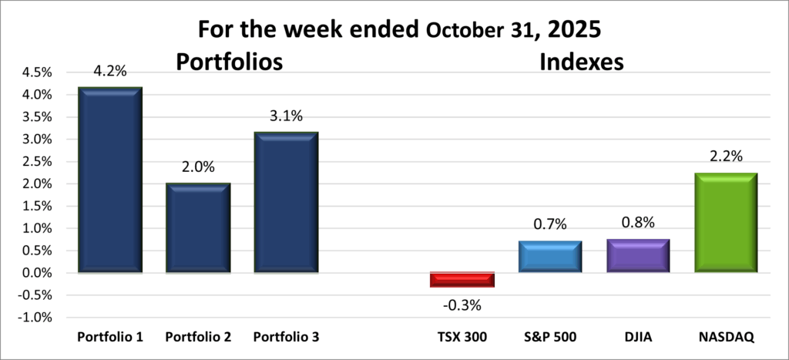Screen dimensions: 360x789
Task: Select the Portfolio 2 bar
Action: coord(198,227)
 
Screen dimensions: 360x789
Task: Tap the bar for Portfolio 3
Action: coord(286,202)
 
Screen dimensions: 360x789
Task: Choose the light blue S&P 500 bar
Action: coord(549,257)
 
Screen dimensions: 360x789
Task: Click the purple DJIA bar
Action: coord(637,255)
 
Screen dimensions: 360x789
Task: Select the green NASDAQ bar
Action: coord(725,223)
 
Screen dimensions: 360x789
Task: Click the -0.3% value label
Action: coord(462,304)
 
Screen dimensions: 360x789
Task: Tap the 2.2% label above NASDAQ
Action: coord(725,156)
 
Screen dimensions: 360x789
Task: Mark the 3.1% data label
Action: coord(286,116)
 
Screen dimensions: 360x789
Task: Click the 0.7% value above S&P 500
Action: coord(550,224)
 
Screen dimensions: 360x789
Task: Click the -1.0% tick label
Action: coord(34,318)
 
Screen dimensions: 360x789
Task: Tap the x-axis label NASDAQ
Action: coord(725,338)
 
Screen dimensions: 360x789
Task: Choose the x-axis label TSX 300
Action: coord(462,338)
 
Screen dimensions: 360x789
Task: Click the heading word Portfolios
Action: coord(230,62)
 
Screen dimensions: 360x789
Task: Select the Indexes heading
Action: coord(581,62)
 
